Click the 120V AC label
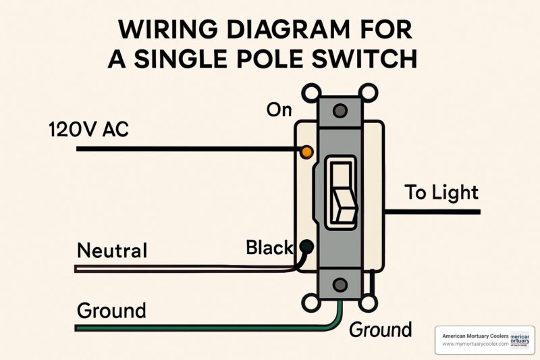pyautogui.click(x=88, y=129)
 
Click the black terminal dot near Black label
pyautogui.click(x=306, y=247)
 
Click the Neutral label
pyautogui.click(x=112, y=251)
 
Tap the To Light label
pyautogui.click(x=441, y=192)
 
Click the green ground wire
pyautogui.click(x=202, y=328)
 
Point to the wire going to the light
pyautogui.click(x=432, y=212)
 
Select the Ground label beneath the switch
pyautogui.click(x=380, y=330)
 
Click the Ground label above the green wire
pyautogui.click(x=111, y=311)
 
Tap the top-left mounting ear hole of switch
pyautogui.click(x=312, y=91)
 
